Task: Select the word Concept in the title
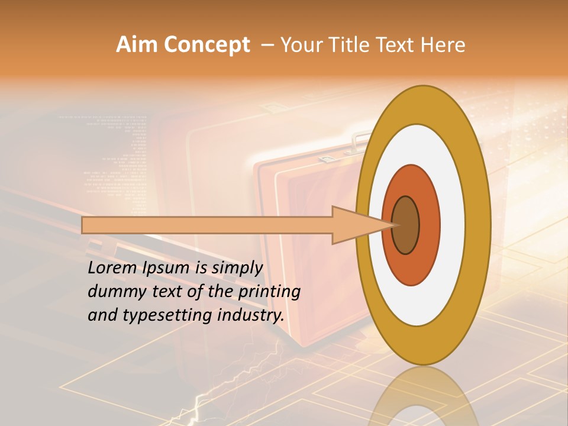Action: pos(207,45)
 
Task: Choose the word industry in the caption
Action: pos(248,315)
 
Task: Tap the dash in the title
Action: pos(267,45)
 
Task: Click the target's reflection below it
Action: pos(424,396)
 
